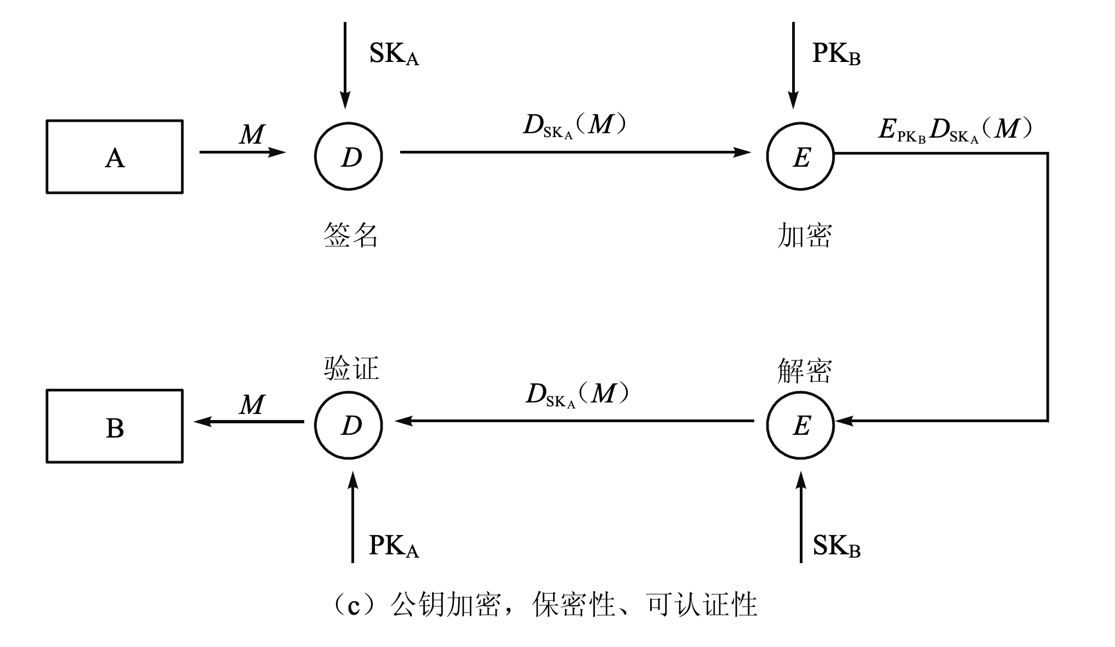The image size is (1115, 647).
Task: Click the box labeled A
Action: pos(115,157)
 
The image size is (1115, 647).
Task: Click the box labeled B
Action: pos(115,426)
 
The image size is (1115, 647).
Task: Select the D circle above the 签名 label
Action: pos(349,156)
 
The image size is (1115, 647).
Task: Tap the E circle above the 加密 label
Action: pos(800,156)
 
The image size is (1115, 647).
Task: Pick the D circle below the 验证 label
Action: pos(349,425)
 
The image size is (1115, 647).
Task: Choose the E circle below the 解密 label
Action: pos(800,425)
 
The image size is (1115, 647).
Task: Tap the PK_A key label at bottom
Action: pos(394,547)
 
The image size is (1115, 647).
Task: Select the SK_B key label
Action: pos(836,547)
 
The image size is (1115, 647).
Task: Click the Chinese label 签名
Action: pos(351,236)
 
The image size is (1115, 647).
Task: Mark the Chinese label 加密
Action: pos(804,236)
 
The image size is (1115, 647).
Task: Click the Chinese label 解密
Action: pos(804,371)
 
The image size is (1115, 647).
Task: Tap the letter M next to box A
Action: pos(252,134)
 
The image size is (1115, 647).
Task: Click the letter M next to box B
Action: pos(252,405)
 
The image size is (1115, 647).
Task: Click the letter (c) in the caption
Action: pos(355,605)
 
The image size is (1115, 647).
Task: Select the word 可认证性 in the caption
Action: pos(702,605)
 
